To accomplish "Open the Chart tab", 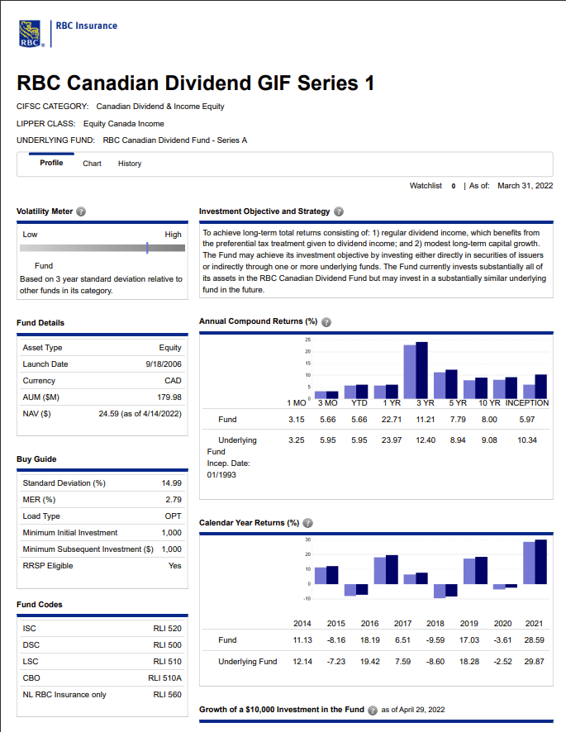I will tap(92, 164).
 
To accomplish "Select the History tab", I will tap(130, 164).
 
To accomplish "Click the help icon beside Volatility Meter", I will tap(81, 212).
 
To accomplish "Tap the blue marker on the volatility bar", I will tap(146, 247).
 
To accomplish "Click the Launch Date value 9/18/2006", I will tap(163, 364).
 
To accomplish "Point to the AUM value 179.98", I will tap(169, 397).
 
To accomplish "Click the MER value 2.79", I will tap(172, 500).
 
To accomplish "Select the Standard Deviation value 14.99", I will tap(171, 483).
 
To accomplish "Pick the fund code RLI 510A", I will tap(167, 678).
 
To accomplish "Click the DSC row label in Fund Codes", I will tap(31, 645).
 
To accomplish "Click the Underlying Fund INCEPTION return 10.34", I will tap(526, 440).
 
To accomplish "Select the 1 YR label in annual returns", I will tap(391, 403).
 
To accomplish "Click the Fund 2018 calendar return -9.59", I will tap(435, 640).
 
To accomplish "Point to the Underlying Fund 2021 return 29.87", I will tap(534, 662).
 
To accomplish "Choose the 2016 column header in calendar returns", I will tap(369, 623).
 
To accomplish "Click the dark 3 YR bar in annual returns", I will tap(422, 369).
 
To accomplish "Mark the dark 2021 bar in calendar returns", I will tap(541, 562).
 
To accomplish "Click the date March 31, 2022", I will tap(525, 186).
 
